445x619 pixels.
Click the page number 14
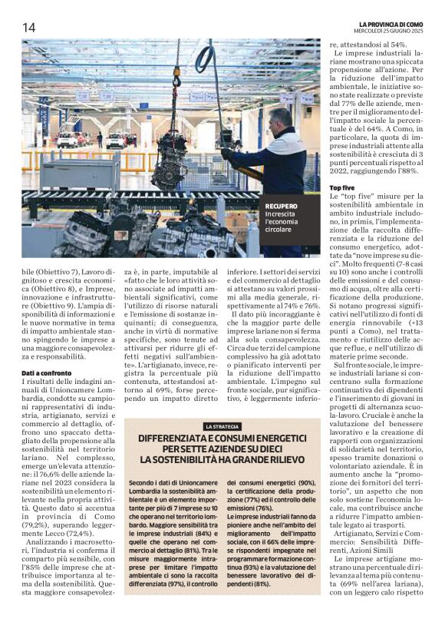coord(28,27)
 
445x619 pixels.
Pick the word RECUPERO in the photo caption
coord(281,206)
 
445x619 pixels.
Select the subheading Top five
coord(342,188)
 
